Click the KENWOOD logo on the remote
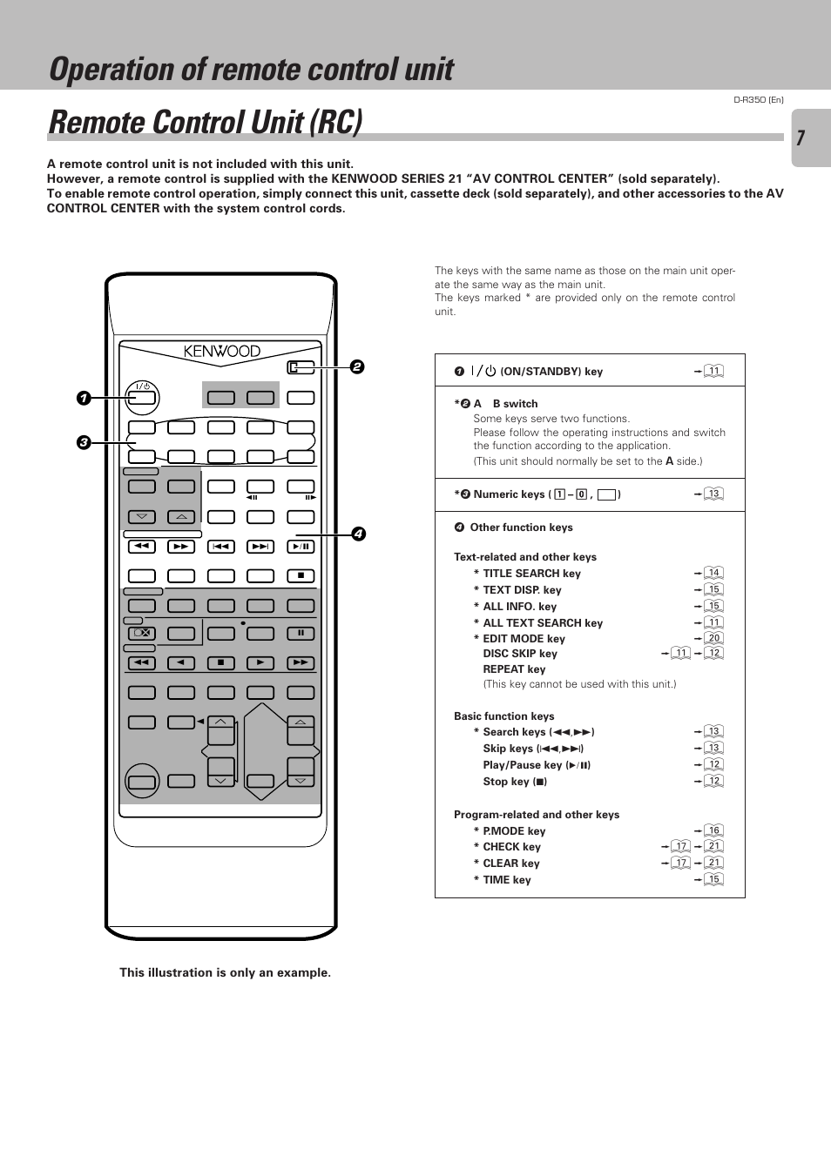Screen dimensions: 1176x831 tap(222, 352)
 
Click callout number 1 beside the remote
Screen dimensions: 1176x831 tap(84, 399)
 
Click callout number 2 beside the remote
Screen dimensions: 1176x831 tap(357, 367)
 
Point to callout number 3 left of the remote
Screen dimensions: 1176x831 tap(84, 442)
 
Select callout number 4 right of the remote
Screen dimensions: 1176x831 tap(358, 534)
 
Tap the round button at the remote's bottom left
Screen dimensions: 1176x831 tap(142, 781)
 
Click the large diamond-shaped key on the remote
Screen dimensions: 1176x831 tap(261, 750)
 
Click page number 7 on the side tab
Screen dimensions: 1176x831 tap(801, 138)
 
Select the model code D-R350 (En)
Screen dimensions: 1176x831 tap(758, 100)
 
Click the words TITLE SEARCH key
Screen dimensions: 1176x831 tap(531, 574)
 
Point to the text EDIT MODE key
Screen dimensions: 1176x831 tap(524, 639)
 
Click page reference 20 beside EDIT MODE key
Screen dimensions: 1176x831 tap(714, 638)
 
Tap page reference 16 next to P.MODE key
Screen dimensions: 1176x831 tap(714, 830)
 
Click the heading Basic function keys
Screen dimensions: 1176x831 tap(503, 716)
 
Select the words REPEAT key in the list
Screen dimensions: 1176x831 tap(514, 669)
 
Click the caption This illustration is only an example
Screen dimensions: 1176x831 tap(225, 973)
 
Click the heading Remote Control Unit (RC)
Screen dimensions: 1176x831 tap(206, 123)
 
